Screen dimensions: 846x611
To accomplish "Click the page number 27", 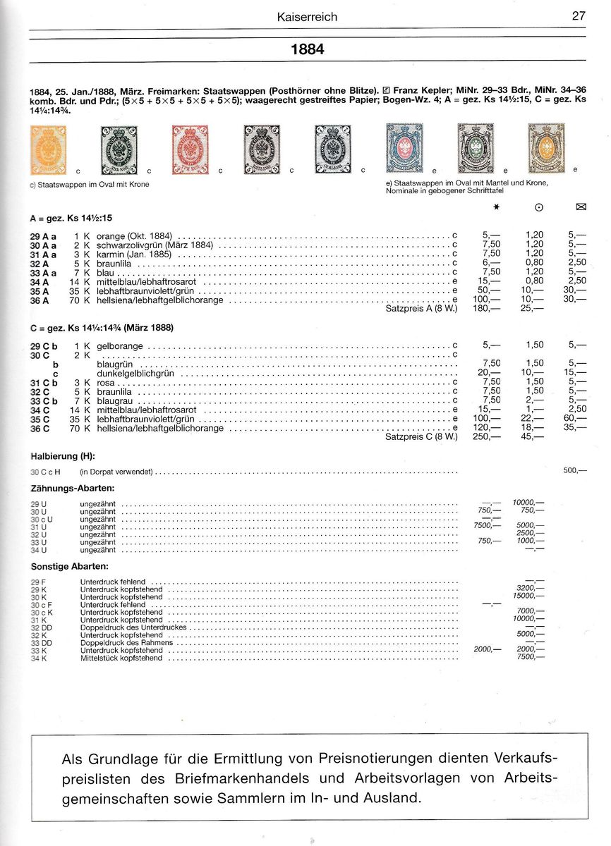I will click(579, 16).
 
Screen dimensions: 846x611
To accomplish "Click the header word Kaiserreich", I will click(308, 16).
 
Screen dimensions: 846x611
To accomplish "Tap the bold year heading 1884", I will click(308, 50).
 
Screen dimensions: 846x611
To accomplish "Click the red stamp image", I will click(190, 149).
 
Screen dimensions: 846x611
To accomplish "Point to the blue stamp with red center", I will click(404, 148).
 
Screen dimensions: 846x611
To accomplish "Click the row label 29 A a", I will click(43, 235).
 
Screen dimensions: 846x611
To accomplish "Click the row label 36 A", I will click(40, 300).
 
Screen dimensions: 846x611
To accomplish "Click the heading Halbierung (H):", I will click(62, 456).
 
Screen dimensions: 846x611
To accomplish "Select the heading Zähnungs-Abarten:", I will click(73, 488).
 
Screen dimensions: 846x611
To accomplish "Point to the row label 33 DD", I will click(42, 642).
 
